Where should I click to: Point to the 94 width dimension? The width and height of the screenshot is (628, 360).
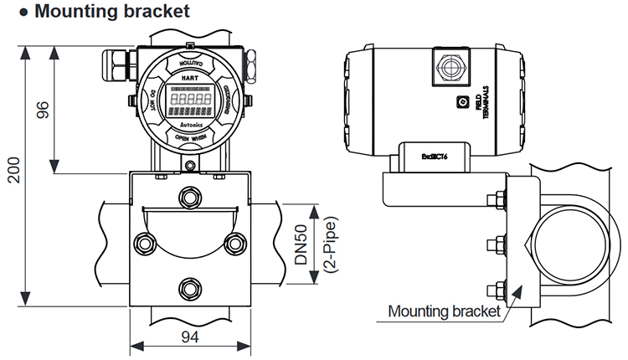191,337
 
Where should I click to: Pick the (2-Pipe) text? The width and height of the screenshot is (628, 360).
322,245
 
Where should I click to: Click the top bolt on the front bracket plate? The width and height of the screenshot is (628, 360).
190,196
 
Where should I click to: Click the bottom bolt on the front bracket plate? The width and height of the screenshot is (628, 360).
190,287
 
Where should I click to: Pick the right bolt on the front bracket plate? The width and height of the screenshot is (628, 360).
235,243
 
